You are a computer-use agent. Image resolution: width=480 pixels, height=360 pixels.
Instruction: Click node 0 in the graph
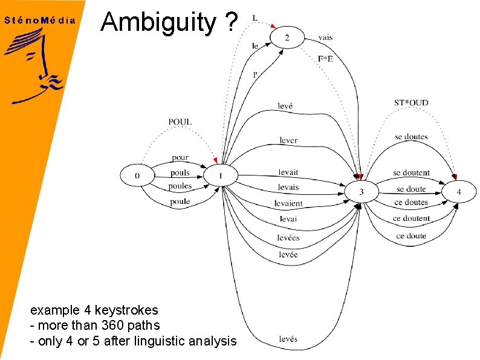point(137,176)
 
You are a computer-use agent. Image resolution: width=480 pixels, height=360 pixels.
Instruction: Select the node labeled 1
point(221,176)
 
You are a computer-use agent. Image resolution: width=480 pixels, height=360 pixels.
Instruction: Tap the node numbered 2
point(287,38)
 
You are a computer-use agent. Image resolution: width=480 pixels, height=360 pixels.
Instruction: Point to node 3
point(361,192)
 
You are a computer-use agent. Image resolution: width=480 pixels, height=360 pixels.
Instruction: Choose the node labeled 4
point(458,192)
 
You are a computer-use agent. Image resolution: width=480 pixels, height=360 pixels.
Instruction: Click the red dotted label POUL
point(180,122)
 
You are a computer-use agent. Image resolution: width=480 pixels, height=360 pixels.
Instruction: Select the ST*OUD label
point(411,103)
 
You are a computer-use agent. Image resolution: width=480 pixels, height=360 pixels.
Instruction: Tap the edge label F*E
point(326,59)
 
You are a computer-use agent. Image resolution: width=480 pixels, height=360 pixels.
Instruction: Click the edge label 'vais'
point(325,38)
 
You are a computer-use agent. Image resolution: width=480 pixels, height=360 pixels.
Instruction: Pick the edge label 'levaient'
point(288,203)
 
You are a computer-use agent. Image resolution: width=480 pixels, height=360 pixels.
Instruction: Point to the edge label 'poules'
point(180,186)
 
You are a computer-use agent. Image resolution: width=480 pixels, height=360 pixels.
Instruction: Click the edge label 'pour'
point(180,158)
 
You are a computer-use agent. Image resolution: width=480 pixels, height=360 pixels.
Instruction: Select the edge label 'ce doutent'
point(411,218)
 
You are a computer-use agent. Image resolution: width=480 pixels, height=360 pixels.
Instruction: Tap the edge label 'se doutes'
point(411,137)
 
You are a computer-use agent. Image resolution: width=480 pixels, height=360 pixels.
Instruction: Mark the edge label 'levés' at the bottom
point(288,339)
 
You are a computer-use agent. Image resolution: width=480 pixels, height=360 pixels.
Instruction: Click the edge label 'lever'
point(288,140)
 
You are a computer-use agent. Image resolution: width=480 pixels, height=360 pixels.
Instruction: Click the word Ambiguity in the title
point(158,22)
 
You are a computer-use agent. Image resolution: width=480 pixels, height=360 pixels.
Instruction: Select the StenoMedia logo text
point(40,20)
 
